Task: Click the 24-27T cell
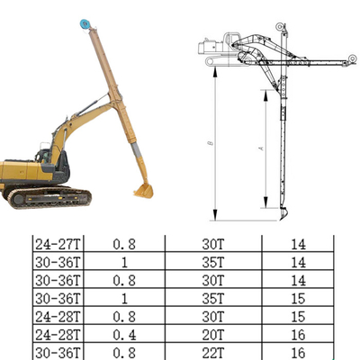(x=56, y=244)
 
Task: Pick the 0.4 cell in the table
(x=123, y=334)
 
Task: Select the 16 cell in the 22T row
(x=298, y=352)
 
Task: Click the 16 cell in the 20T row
(x=298, y=334)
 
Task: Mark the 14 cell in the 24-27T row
(x=298, y=244)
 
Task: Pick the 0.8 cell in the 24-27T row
(x=123, y=244)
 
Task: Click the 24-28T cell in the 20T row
(x=56, y=334)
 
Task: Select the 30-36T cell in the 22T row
(x=56, y=352)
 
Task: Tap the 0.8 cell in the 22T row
(x=123, y=352)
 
